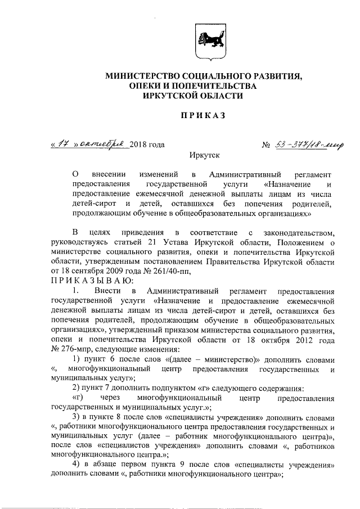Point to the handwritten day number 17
[62, 145]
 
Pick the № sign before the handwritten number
[267, 145]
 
